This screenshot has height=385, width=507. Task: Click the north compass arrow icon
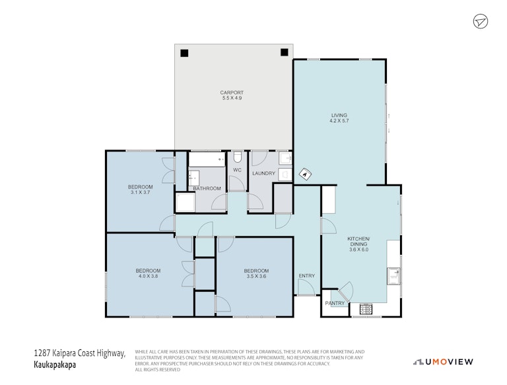(x=481, y=22)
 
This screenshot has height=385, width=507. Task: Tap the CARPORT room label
(x=232, y=93)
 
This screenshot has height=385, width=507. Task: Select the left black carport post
(x=184, y=53)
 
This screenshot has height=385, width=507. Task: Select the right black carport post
(x=285, y=52)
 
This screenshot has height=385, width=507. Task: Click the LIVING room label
(x=339, y=115)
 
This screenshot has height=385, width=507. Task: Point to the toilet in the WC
(x=238, y=157)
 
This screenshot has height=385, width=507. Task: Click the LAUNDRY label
(x=263, y=173)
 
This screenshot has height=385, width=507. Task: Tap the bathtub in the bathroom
(x=207, y=159)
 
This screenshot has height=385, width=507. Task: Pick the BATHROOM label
(x=207, y=189)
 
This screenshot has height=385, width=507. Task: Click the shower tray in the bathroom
(x=186, y=202)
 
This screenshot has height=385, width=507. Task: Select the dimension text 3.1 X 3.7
(x=141, y=192)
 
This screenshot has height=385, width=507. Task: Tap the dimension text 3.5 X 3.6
(x=256, y=277)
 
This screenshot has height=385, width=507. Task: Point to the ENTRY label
(x=306, y=276)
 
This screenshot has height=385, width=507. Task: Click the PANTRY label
(x=335, y=304)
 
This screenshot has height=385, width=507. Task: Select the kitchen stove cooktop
(x=366, y=309)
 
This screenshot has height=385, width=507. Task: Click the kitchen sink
(x=393, y=276)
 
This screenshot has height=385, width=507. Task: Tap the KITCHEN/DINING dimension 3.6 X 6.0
(x=358, y=250)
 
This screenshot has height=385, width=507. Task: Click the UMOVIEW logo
(x=444, y=362)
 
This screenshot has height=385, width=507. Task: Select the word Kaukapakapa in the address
(x=55, y=365)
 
